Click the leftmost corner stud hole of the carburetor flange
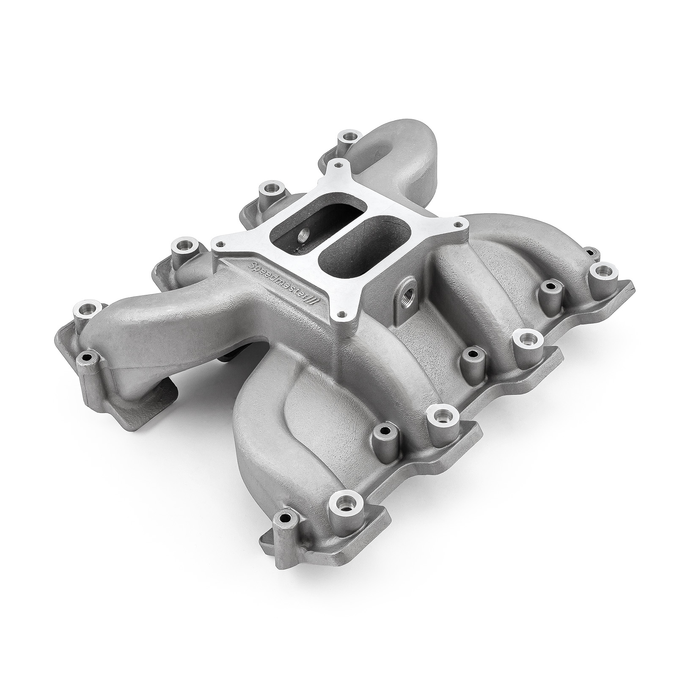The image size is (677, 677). (x=218, y=244)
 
